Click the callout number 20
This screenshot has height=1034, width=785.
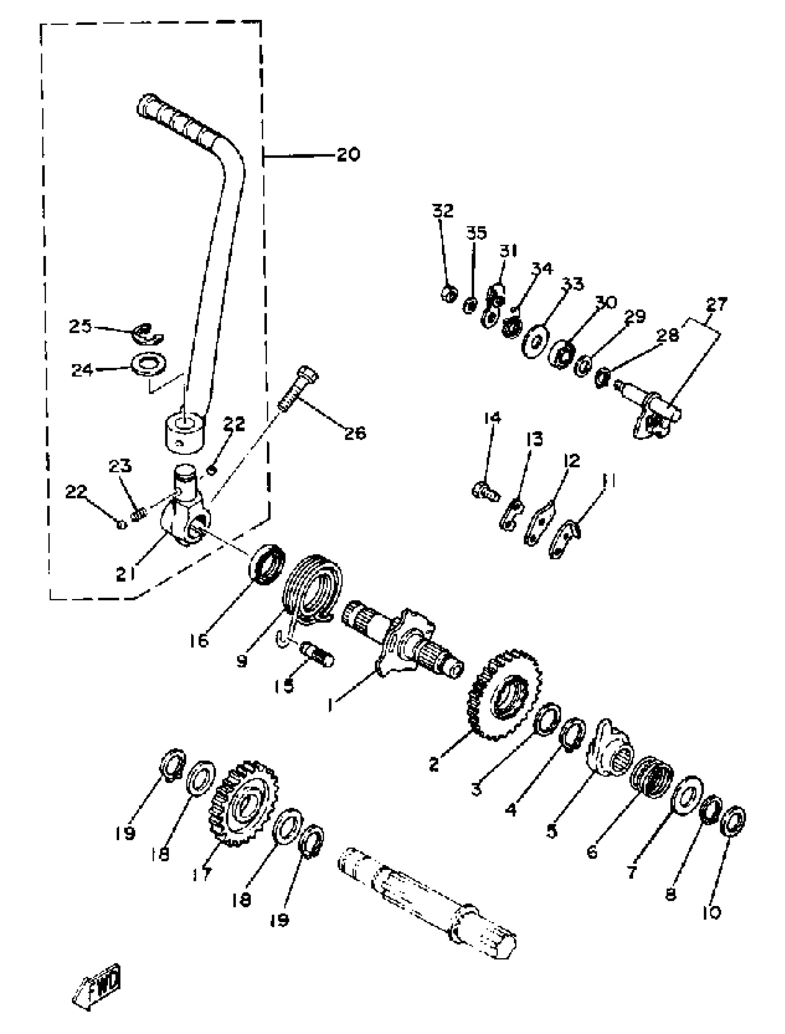click(348, 154)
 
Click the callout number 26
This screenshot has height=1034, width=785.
click(355, 433)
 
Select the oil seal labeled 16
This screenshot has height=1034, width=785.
click(267, 563)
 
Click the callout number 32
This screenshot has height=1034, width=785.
click(442, 211)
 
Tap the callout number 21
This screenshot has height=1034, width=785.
click(125, 573)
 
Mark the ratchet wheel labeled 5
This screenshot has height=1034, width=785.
click(610, 747)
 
